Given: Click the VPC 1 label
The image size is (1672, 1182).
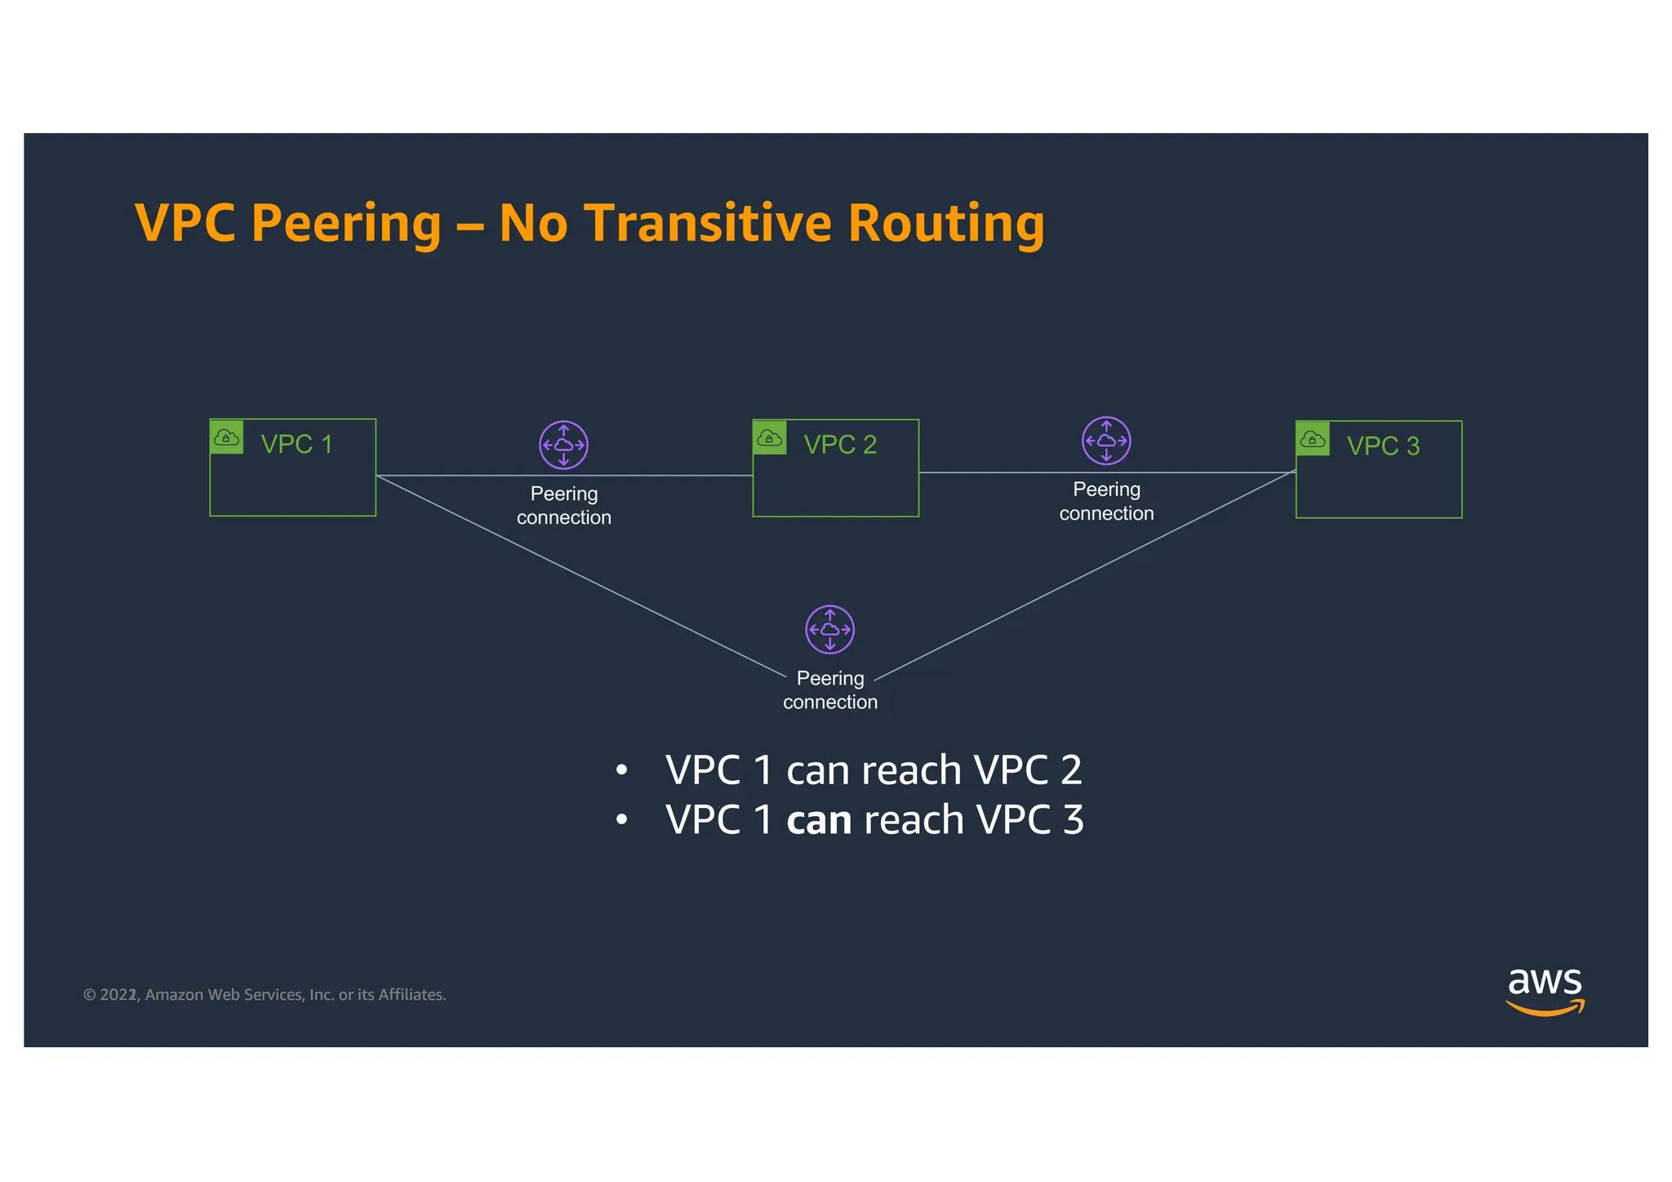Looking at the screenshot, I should point(296,444).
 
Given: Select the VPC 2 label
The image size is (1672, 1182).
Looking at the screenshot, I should point(839,444).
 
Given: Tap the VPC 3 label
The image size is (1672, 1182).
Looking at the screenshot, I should point(1383,446).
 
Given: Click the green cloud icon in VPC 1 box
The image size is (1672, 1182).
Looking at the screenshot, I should point(227,437).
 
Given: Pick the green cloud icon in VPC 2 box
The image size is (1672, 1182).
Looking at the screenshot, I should point(770,438).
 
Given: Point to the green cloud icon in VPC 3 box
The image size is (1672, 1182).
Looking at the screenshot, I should point(1313,439).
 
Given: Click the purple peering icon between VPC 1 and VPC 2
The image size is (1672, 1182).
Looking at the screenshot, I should point(563,445).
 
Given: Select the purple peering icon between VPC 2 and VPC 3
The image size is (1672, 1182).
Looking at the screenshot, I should point(1106,440).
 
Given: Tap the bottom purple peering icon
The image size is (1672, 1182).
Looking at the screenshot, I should point(829,630).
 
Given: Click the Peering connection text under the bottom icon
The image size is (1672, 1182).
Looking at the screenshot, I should point(830,690).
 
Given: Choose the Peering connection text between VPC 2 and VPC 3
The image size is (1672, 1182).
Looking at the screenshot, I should point(1106,502).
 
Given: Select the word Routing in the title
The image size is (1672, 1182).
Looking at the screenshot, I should point(946,223).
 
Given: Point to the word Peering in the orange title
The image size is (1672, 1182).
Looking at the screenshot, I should point(346,223).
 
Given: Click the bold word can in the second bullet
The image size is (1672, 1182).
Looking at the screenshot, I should point(818,820).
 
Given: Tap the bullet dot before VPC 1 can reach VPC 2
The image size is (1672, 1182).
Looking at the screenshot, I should point(622,770).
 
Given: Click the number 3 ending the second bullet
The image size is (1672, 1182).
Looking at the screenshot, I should point(1073,820).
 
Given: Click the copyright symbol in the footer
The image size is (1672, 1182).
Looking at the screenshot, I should point(90,995).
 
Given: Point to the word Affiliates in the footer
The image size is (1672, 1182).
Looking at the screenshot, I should point(411,995).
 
